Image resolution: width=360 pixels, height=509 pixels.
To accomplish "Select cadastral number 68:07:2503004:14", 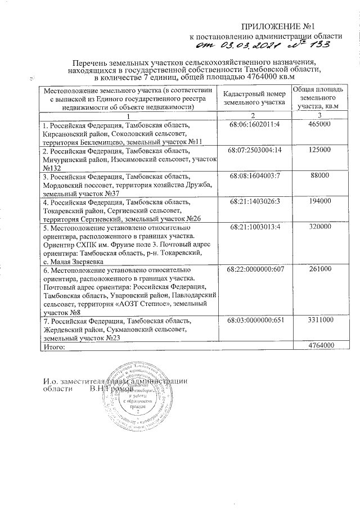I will [x=255, y=151].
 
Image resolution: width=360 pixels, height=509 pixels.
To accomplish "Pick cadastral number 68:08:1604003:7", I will [x=255, y=177].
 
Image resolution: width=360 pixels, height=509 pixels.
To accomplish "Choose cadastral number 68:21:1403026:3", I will [x=255, y=201].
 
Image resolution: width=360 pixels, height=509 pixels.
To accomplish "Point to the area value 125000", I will [x=319, y=151].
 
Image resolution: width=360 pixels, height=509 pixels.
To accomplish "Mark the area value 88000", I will [x=319, y=177].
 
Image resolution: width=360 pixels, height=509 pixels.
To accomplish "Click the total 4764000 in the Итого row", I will [x=319, y=345].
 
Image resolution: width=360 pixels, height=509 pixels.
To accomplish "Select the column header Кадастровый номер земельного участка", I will [x=255, y=98].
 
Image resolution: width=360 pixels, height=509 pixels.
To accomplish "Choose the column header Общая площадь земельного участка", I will [x=319, y=98].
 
